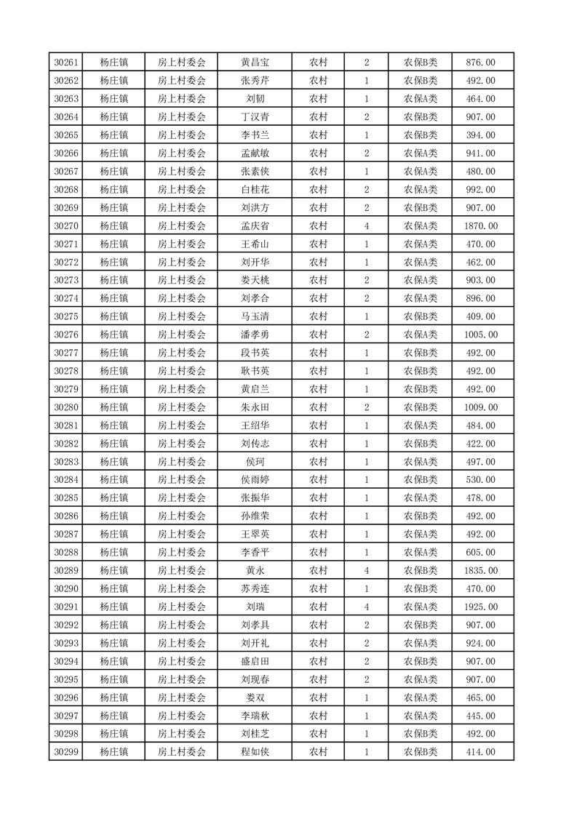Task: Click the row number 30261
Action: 66,63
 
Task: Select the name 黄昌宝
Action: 258,63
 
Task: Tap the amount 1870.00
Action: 480,226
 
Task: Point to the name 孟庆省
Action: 258,226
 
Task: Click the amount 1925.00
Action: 480,607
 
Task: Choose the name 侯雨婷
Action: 258,480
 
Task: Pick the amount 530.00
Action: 480,480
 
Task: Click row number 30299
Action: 66,752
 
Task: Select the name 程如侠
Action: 258,752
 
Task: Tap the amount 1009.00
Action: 480,407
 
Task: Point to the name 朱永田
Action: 258,407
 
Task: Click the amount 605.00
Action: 480,553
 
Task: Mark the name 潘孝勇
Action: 258,335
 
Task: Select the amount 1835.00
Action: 480,571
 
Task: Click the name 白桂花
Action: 258,190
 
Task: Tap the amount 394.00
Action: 480,135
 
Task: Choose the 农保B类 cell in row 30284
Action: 421,480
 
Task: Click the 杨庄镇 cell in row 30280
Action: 114,407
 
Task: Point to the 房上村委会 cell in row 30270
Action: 182,226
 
